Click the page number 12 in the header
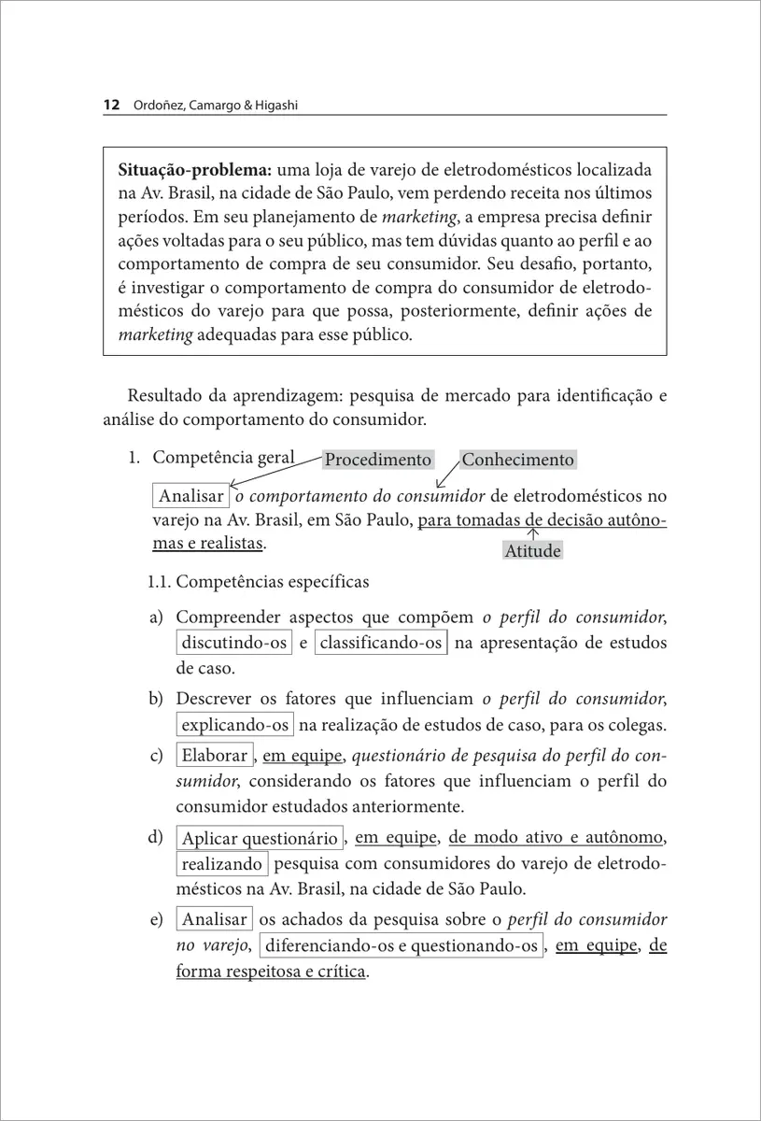coord(110,106)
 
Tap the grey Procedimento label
coord(378,460)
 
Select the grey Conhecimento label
coord(517,460)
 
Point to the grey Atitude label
coord(532,551)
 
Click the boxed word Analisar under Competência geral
coord(191,496)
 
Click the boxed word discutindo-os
coord(233,643)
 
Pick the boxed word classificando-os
coord(381,643)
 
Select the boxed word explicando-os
coord(235,725)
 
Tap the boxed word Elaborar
coord(214,756)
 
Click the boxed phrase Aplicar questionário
coord(260,838)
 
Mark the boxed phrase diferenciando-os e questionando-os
coord(401,946)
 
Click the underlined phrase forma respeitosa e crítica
coord(271,972)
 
